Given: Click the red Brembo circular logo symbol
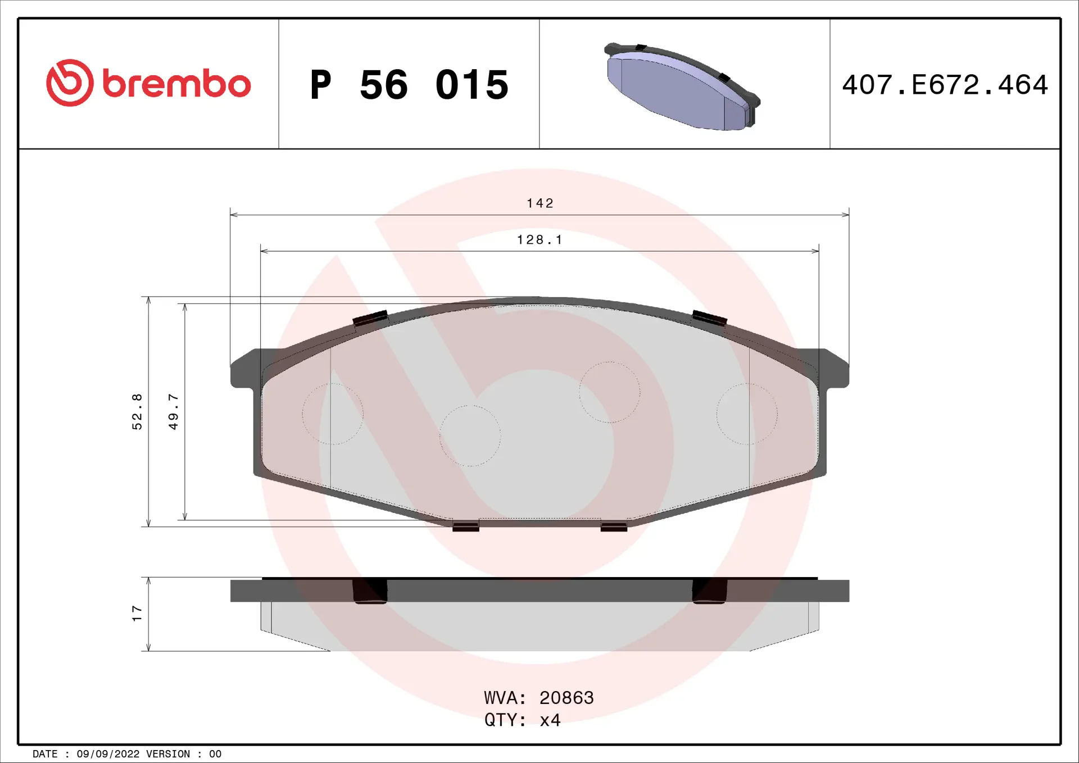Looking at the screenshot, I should point(70,83).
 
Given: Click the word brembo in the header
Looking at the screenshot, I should point(176,84).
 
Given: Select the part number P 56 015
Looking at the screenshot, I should point(409,85).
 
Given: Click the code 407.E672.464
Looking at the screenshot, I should point(945,85).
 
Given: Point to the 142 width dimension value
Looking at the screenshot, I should point(540,203).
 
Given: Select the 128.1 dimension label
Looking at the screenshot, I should point(539,240).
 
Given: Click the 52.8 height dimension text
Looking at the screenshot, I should point(137,412).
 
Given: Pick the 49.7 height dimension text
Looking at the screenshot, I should point(174,412).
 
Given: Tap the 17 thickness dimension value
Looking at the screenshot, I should point(137,613).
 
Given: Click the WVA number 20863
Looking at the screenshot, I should point(566,697).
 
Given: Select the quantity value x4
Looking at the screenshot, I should point(550,720).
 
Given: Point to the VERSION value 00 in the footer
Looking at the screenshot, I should point(215,754).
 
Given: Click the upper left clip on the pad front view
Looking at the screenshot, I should point(370,318).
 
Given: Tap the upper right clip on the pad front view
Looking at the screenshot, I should point(709,318).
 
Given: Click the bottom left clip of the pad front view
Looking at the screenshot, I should point(465,526).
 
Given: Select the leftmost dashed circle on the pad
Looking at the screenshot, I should point(333,414).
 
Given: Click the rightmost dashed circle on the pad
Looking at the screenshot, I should point(747,414).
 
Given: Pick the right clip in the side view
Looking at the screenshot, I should point(709,591).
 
